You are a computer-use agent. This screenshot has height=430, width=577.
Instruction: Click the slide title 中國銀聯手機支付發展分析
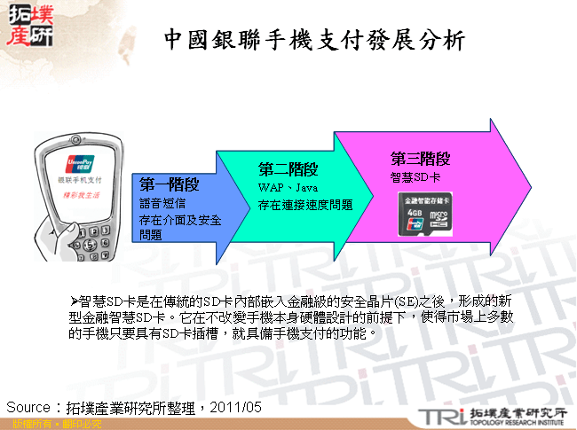pyautogui.click(x=314, y=39)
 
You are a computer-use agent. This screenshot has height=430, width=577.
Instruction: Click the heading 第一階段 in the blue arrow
pyautogui.click(x=169, y=184)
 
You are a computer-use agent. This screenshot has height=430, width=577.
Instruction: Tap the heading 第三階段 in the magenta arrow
pyautogui.click(x=421, y=159)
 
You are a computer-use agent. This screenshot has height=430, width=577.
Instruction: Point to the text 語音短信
pyautogui.click(x=162, y=203)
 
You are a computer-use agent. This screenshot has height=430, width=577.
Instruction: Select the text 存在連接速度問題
pyautogui.click(x=304, y=205)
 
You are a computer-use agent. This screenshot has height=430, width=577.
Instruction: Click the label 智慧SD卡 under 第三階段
pyautogui.click(x=415, y=177)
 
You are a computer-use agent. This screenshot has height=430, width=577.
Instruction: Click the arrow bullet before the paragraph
pyautogui.click(x=75, y=301)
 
